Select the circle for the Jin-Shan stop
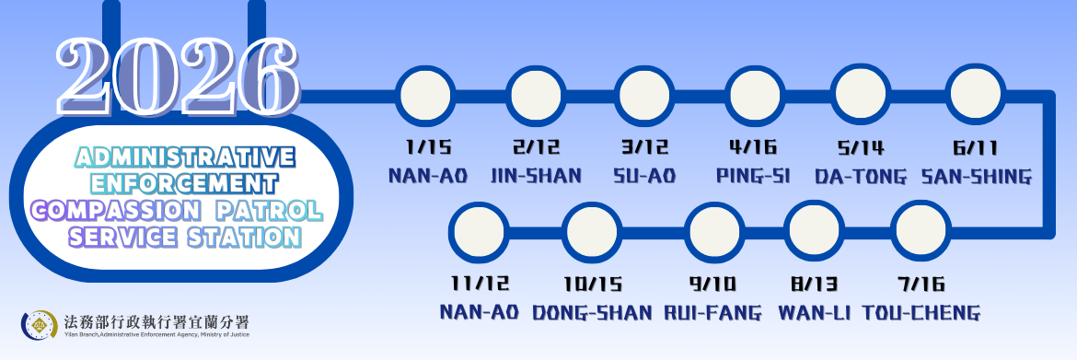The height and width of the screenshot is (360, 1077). click(535, 96)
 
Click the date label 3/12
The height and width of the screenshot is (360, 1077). click(645, 147)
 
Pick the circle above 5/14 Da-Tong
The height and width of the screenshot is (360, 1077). click(860, 96)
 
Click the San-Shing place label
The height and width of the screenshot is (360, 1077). click(977, 175)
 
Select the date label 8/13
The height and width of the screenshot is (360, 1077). click(807, 284)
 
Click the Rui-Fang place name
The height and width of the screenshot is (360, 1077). click(713, 312)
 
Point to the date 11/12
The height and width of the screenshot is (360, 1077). click(480, 284)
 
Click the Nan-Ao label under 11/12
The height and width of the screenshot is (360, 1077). click(480, 312)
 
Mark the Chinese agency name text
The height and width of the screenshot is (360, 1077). click(157, 320)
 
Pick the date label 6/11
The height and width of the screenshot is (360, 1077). click(976, 147)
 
